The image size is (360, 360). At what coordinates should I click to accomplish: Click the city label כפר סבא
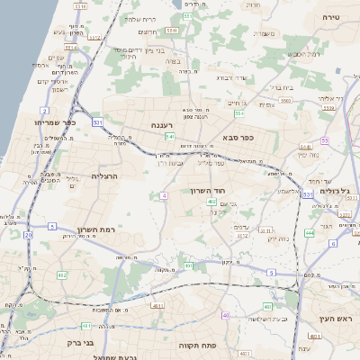[238, 139]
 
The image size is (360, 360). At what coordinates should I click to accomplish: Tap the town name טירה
[331, 16]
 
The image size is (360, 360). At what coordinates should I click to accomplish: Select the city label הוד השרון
[206, 191]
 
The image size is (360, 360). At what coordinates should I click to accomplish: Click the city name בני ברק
[81, 342]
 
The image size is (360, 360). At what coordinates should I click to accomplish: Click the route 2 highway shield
[45, 111]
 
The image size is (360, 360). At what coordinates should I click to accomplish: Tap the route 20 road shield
[28, 235]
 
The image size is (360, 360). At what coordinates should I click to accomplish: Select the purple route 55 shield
[324, 140]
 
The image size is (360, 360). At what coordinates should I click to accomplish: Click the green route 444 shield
[309, 232]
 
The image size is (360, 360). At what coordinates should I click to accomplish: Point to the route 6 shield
[332, 243]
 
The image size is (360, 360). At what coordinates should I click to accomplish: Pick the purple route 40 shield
[225, 316]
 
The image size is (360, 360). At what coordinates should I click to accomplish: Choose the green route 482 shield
[61, 275]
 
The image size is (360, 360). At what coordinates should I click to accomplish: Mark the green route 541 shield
[169, 137]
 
